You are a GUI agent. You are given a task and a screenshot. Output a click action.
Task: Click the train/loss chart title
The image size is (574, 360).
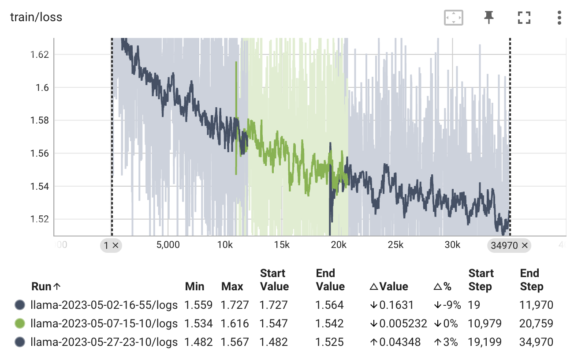pos(36,17)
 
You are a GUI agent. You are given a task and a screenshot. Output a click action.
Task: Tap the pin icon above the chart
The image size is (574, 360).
pos(488,18)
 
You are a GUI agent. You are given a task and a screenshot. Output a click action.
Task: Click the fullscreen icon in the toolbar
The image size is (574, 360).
pos(524,18)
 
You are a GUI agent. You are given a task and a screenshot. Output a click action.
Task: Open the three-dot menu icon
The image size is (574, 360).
pos(559,18)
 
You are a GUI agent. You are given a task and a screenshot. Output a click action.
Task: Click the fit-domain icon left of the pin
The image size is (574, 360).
pos(453,18)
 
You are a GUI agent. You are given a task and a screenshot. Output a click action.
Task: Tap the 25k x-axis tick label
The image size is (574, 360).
pos(395,245)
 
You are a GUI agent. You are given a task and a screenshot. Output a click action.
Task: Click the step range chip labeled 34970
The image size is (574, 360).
pos(509,245)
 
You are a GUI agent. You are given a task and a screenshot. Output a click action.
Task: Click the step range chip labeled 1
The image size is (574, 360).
pos(111,245)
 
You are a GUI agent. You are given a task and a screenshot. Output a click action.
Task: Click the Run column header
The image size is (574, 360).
pos(46,286)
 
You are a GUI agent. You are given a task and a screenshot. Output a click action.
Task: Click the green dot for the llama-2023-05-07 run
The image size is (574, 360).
pos(19,323)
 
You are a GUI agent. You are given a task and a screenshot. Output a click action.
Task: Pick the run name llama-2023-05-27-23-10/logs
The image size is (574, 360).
pos(104,342)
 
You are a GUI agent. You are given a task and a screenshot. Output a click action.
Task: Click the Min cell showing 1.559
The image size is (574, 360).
pos(198,305)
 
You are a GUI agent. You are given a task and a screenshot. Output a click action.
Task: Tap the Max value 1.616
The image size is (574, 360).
pos(235,323)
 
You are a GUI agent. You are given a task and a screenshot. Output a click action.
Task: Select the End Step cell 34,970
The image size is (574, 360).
pos(537,342)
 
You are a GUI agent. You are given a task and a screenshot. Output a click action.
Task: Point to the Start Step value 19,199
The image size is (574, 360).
pos(485,342)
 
